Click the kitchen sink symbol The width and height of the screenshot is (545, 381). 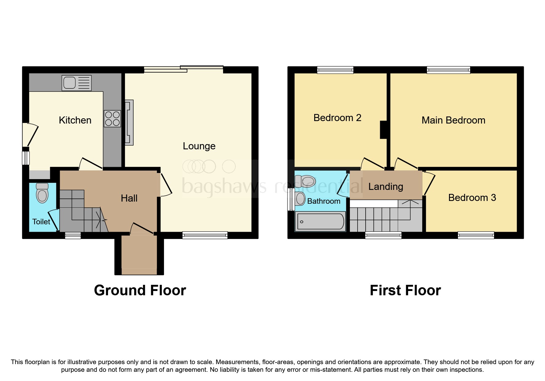tap(76, 83)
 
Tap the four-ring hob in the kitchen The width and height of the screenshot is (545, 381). tap(112, 119)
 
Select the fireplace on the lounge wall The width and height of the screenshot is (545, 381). tap(129, 122)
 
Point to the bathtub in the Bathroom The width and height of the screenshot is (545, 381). tap(320, 221)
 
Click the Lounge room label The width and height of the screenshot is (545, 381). tap(199, 146)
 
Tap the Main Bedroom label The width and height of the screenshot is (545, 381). tap(453, 120)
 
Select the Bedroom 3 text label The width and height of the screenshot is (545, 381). tap(472, 198)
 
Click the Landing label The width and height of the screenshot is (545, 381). tap(385, 187)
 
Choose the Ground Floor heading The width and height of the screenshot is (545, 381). tap(140, 290)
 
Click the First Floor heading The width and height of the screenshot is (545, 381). tap(405, 290)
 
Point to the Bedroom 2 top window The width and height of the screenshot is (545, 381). tap(335, 70)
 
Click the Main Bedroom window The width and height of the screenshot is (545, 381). tap(448, 70)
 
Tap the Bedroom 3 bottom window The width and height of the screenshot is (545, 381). tap(476, 235)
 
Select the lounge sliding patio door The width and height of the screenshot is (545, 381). tap(183, 69)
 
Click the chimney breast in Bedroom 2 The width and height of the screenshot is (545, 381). tap(383, 130)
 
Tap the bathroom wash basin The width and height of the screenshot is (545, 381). tap(300, 199)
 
